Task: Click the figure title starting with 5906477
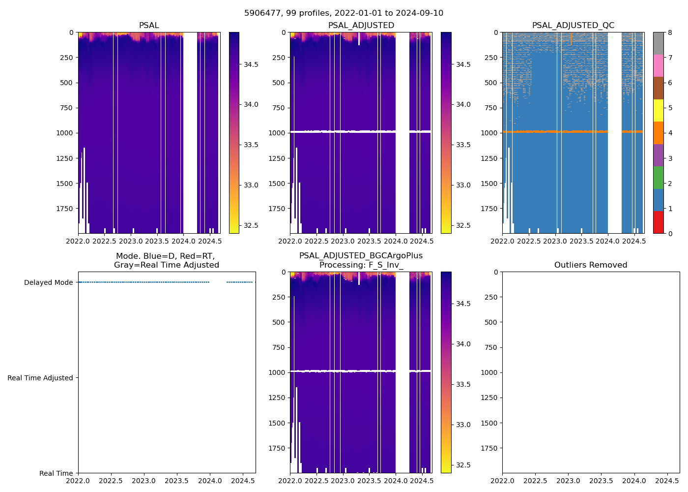(344, 13)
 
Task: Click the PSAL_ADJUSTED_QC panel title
(573, 26)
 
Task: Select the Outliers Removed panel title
(591, 265)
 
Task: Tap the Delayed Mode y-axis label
(48, 282)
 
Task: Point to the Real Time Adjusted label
(40, 378)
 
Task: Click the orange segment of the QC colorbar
(658, 133)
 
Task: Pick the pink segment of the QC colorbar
(658, 65)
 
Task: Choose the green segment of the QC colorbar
(658, 178)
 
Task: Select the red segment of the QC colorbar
(658, 222)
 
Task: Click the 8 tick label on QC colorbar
(670, 32)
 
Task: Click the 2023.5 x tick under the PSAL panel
(157, 242)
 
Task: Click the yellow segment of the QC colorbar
(658, 110)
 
